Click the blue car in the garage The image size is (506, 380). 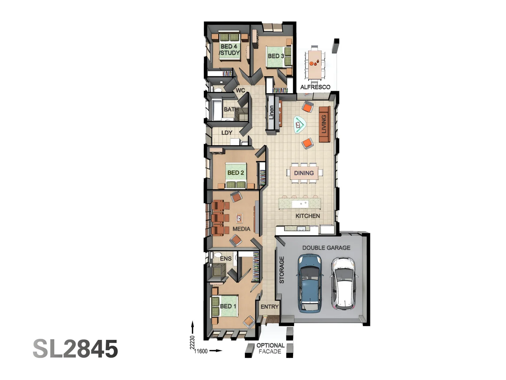click(x=309, y=283)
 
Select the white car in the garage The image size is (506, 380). click(x=343, y=284)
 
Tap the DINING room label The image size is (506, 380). click(x=304, y=173)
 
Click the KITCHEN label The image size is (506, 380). click(x=307, y=216)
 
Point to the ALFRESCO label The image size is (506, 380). click(x=315, y=87)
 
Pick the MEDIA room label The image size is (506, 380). click(x=241, y=229)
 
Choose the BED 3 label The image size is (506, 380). click(x=276, y=56)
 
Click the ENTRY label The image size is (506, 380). click(x=270, y=306)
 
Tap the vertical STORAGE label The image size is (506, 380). click(x=282, y=270)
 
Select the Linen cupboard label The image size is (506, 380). click(x=271, y=112)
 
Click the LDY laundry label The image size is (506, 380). click(x=227, y=133)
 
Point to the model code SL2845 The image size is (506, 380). click(x=76, y=349)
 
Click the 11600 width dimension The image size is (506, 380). click(x=201, y=351)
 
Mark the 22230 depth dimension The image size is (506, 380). click(x=192, y=343)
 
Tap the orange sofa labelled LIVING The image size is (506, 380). click(x=325, y=124)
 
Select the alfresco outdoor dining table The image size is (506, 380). click(x=315, y=64)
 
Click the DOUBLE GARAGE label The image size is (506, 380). click(x=326, y=248)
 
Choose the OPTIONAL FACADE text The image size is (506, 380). click(x=270, y=348)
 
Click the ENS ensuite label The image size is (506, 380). click(x=226, y=259)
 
